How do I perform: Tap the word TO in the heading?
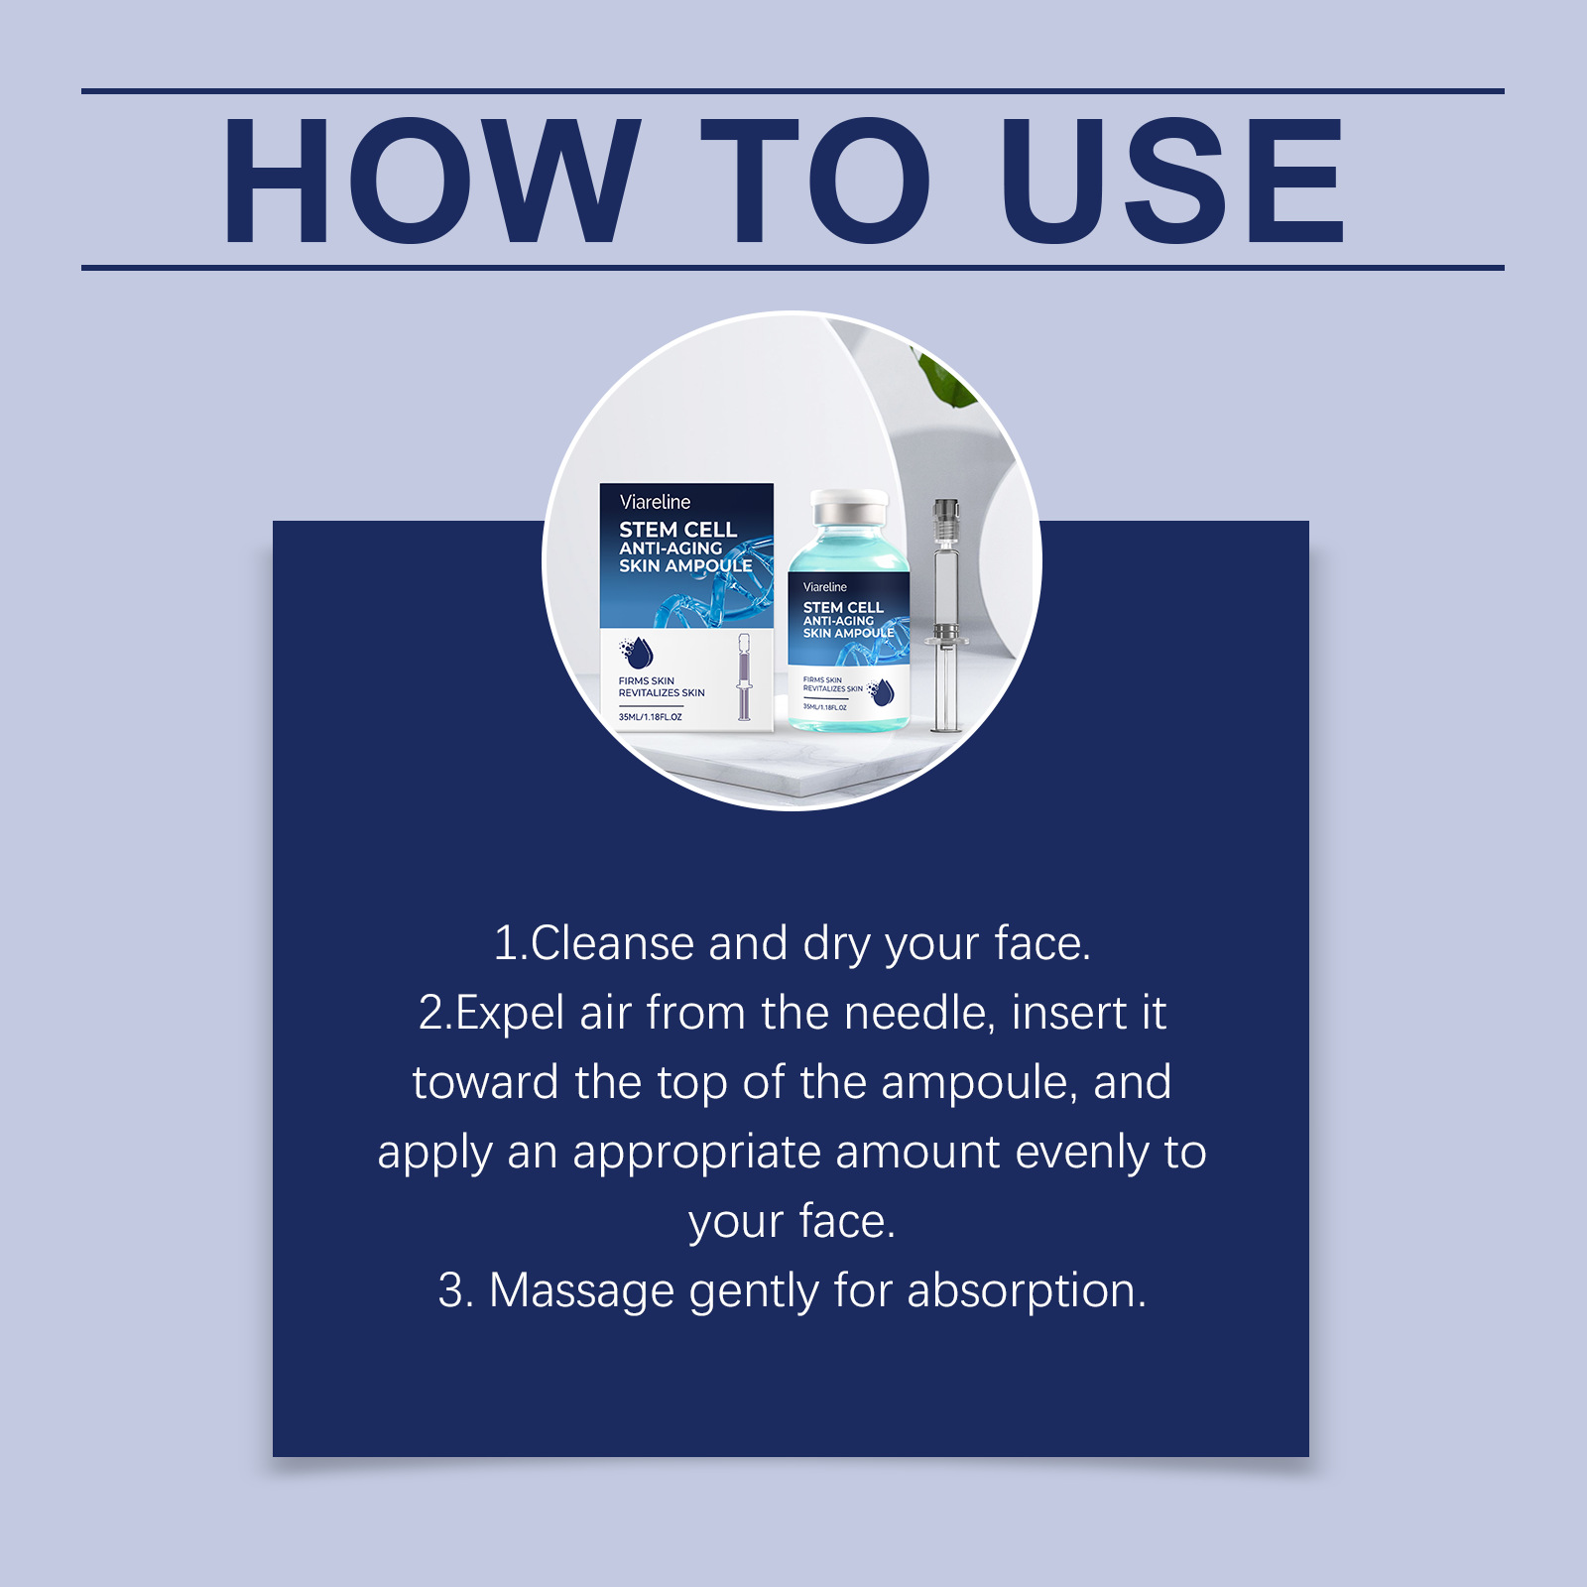click(x=815, y=180)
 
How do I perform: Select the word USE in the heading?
click(x=1172, y=180)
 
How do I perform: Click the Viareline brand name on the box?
click(x=655, y=502)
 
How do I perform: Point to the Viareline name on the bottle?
click(x=825, y=587)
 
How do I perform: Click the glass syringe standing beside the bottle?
click(x=945, y=615)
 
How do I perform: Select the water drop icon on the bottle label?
click(x=881, y=691)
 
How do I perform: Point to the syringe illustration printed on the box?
click(x=744, y=676)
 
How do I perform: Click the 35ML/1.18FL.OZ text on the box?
click(x=651, y=717)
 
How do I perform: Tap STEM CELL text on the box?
click(x=678, y=530)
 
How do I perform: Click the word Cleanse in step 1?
click(x=611, y=942)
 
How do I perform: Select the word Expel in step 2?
click(x=510, y=1014)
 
